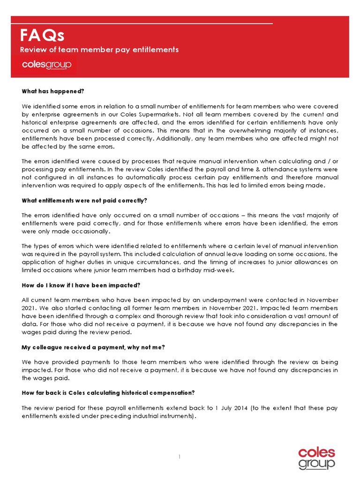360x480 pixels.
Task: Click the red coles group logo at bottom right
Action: tap(317, 457)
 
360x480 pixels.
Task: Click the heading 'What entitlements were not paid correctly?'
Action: tap(84, 201)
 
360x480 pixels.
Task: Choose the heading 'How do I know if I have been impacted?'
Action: tap(81, 285)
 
